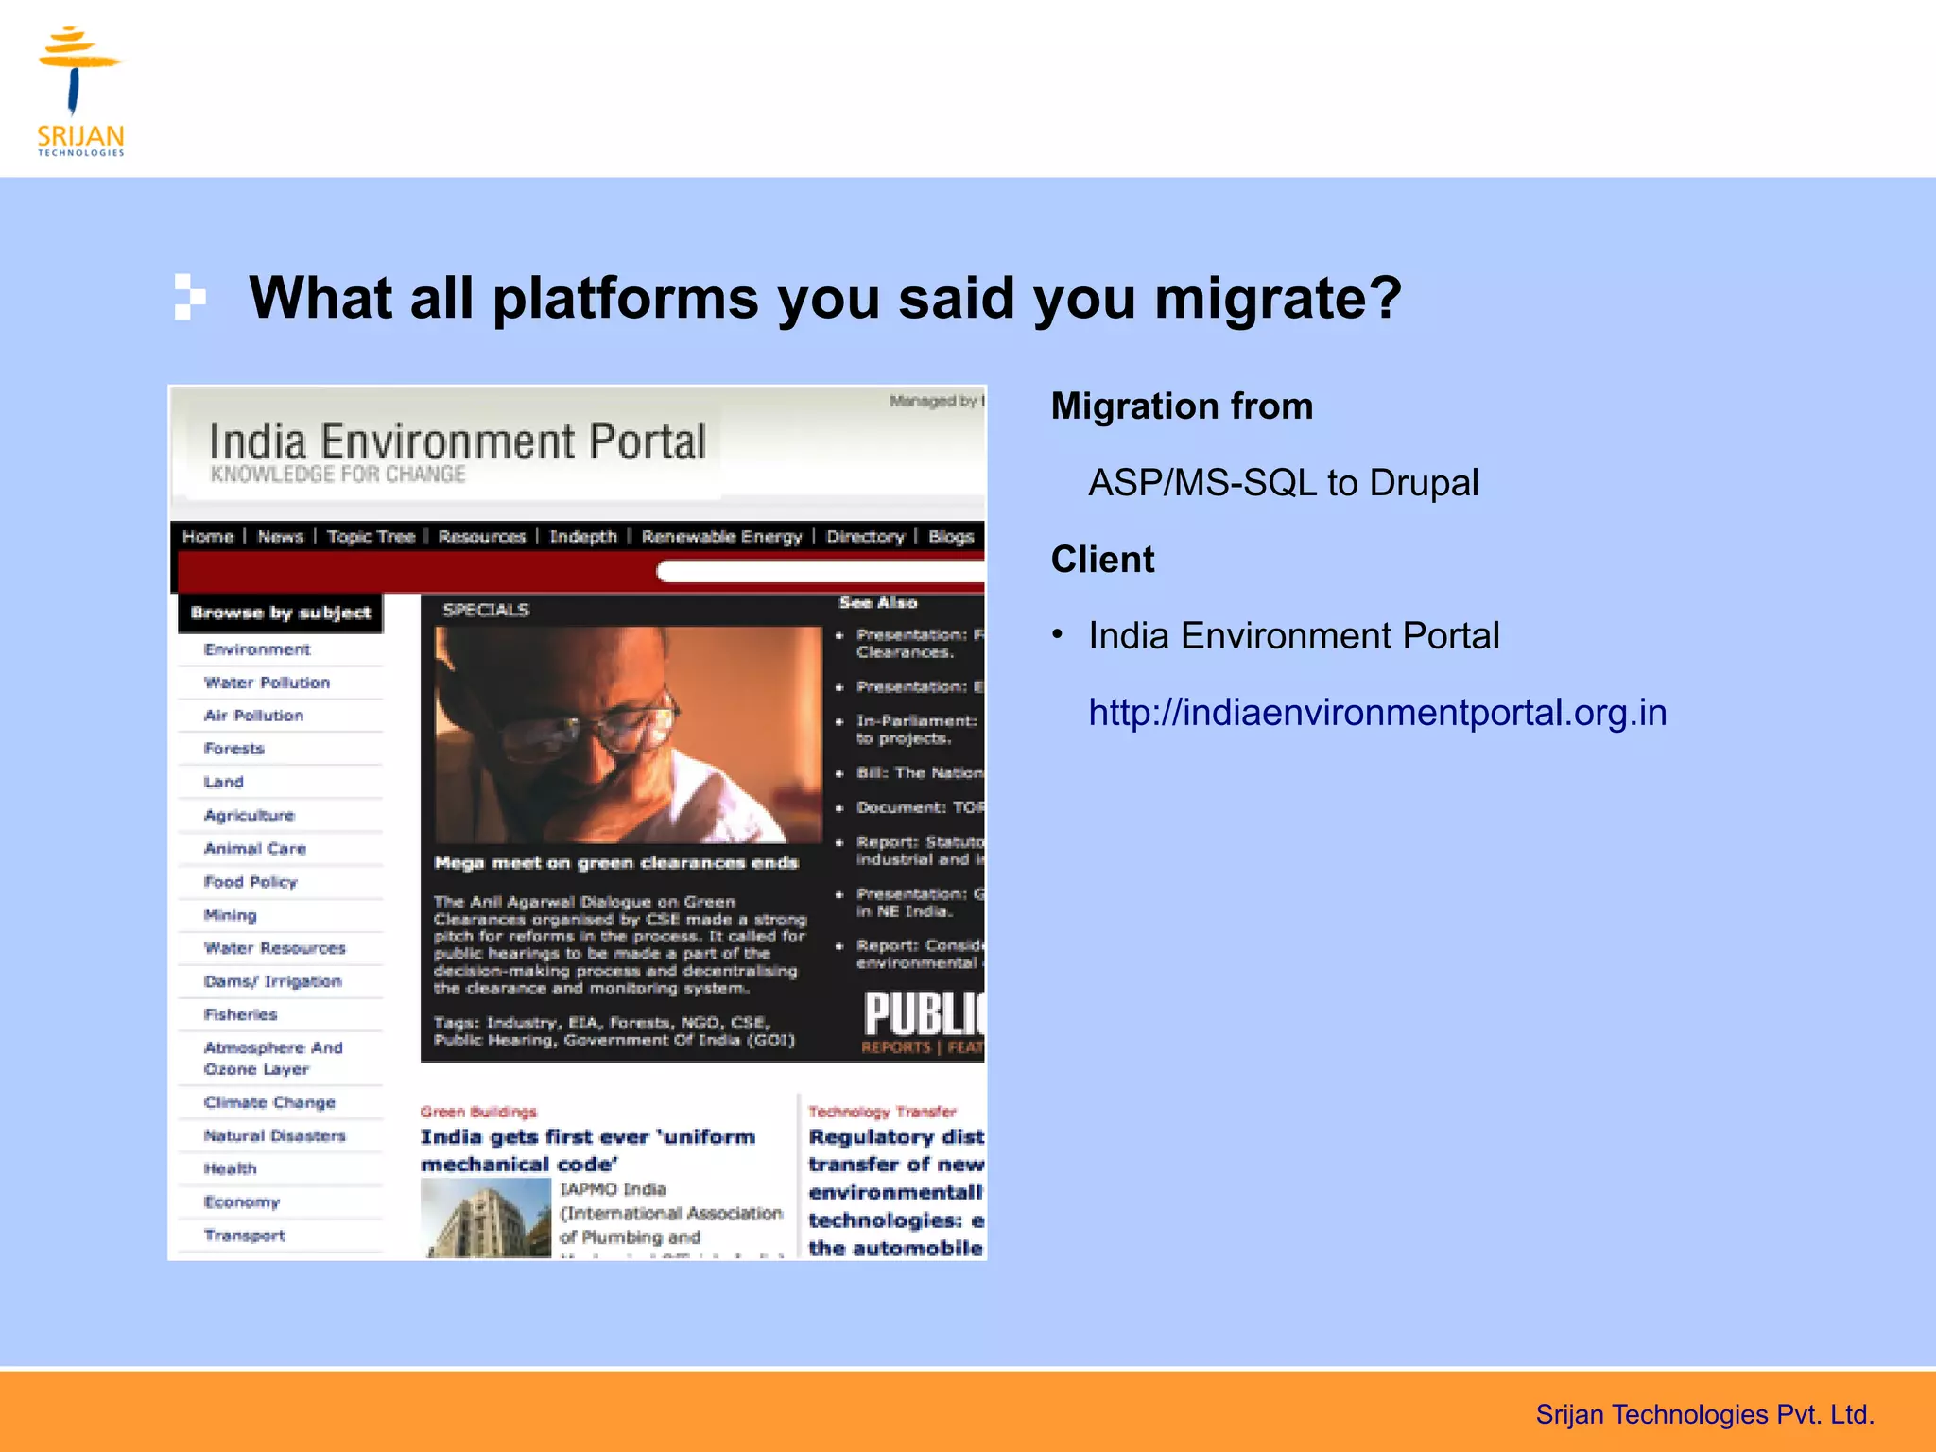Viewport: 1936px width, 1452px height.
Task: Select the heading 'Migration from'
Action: [x=1182, y=406]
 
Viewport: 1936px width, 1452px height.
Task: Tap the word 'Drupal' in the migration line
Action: [x=1424, y=483]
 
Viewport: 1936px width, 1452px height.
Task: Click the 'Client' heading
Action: [x=1102, y=560]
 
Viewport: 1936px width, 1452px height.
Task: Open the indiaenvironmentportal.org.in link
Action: [x=1377, y=713]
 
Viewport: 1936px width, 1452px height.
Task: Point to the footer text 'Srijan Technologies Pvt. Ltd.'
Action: [x=1704, y=1414]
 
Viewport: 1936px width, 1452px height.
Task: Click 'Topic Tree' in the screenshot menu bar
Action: [x=371, y=537]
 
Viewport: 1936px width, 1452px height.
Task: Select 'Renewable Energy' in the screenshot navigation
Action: [x=721, y=537]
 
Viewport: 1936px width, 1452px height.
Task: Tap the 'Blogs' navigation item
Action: [x=950, y=537]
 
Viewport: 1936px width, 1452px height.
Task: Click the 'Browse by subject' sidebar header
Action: [x=280, y=613]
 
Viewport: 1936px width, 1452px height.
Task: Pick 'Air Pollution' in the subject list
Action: [x=253, y=716]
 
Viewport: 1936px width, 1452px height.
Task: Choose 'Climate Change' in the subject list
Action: [x=269, y=1102]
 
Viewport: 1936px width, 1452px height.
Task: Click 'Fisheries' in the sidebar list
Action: [x=240, y=1014]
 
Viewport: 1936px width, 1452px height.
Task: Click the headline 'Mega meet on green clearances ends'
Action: [x=616, y=862]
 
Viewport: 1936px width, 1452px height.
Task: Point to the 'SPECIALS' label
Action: [x=486, y=610]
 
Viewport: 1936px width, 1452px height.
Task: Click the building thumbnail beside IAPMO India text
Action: [x=485, y=1219]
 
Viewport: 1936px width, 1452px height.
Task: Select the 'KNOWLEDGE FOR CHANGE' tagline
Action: [x=337, y=475]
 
